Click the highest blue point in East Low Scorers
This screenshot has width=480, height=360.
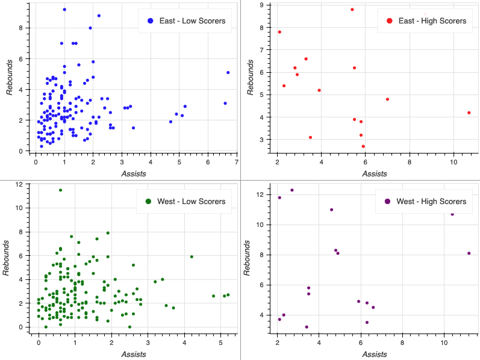(64, 10)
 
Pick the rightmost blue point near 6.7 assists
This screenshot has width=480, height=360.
(228, 72)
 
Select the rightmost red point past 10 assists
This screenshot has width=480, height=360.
(469, 113)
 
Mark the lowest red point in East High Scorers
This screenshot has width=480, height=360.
(363, 146)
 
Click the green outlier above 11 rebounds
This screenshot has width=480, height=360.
(60, 190)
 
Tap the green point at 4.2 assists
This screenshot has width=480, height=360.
(192, 256)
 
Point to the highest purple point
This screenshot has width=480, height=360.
(292, 190)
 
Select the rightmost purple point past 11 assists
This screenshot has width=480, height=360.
(469, 253)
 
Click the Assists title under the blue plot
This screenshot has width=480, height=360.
(133, 173)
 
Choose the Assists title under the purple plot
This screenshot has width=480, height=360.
(374, 354)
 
